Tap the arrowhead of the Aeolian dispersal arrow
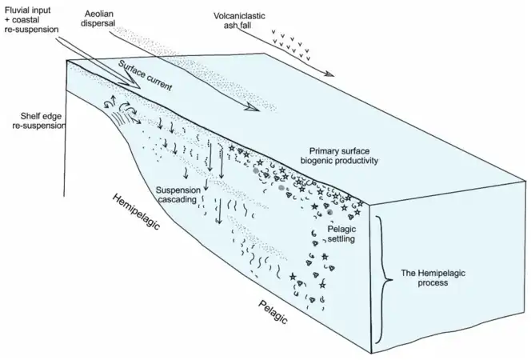(254, 106)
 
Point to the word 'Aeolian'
(101, 15)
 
